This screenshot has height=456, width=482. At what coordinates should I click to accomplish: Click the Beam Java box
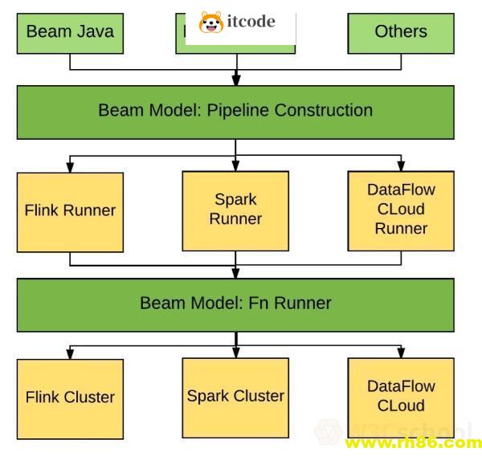click(x=70, y=32)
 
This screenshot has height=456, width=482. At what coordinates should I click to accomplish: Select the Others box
click(x=400, y=32)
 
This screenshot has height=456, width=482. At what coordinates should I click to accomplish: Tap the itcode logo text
click(x=251, y=22)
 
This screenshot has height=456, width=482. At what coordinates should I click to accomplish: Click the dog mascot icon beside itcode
click(x=211, y=22)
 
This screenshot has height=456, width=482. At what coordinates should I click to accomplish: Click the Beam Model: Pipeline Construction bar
click(x=235, y=111)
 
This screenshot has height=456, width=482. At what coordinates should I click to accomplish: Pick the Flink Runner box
click(x=70, y=211)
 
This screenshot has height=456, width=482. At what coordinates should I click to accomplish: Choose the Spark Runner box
click(x=235, y=210)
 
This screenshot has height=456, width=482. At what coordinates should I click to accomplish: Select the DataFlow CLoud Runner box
click(x=400, y=210)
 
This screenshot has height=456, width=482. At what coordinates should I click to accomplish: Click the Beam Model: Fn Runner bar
click(x=235, y=303)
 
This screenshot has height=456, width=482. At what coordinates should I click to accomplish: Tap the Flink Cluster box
click(x=70, y=397)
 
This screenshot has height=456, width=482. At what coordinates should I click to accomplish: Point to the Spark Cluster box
click(x=235, y=396)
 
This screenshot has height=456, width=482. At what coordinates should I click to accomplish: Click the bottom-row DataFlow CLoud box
click(x=400, y=396)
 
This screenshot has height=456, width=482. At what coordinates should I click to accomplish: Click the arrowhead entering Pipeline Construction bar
click(x=235, y=80)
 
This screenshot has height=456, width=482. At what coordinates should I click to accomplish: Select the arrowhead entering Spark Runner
click(x=235, y=166)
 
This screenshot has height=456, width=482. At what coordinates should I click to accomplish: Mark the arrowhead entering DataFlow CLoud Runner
click(x=400, y=166)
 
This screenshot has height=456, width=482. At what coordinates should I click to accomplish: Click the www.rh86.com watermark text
click(x=411, y=443)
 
